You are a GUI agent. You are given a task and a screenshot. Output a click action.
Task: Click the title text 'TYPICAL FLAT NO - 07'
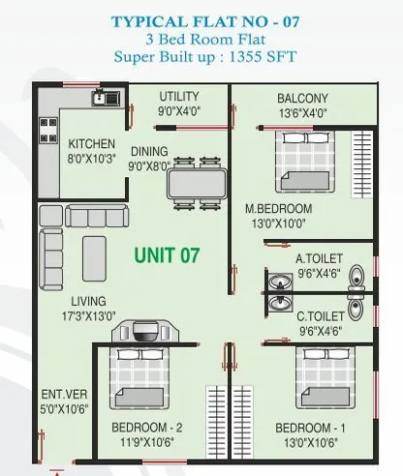tap(201, 20)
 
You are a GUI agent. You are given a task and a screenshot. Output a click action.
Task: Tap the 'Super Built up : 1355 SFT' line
tap(201, 55)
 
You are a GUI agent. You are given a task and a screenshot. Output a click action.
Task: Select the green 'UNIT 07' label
tap(167, 255)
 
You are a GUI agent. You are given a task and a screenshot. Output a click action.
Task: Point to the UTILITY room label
tap(179, 96)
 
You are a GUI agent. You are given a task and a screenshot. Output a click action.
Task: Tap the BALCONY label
tap(302, 98)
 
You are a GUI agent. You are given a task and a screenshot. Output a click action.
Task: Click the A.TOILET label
tap(320, 258)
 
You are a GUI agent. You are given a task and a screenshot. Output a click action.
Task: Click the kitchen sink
tap(101, 98)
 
